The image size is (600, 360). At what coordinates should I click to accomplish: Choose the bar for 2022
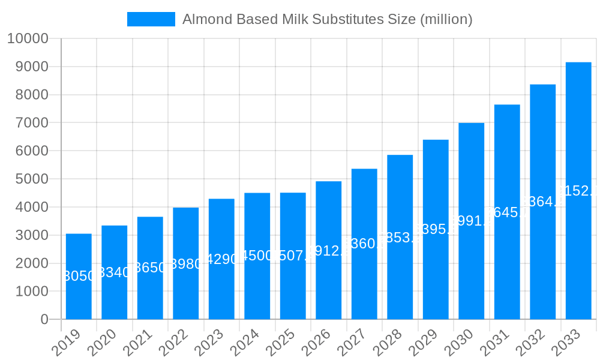point(186,263)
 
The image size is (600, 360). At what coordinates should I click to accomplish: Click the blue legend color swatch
point(151,19)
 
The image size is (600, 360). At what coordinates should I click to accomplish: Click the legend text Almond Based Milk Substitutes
point(327,19)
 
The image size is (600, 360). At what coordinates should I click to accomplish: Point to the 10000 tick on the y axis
point(27,38)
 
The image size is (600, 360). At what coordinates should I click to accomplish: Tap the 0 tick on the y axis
point(44,319)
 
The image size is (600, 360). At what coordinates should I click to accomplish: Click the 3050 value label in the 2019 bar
point(79,277)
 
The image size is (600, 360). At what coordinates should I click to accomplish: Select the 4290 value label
point(221,259)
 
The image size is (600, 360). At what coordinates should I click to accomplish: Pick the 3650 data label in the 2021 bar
point(150,268)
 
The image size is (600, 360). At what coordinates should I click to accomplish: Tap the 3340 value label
point(115,272)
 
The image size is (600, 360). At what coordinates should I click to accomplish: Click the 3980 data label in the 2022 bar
point(186,264)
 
